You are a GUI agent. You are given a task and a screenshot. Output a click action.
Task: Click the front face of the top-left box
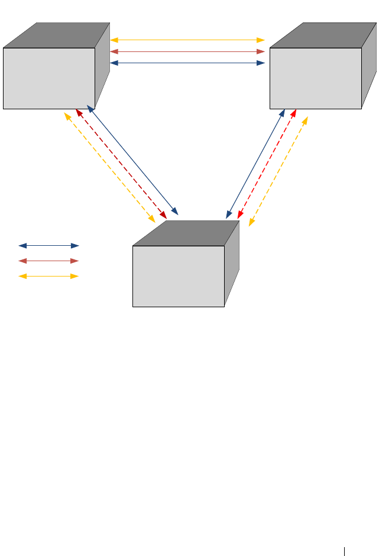tap(49, 78)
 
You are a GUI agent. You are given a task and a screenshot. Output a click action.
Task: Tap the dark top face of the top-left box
tap(57, 35)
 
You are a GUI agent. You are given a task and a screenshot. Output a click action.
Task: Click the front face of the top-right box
tap(315, 78)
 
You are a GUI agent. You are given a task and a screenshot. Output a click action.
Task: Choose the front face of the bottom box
tap(179, 276)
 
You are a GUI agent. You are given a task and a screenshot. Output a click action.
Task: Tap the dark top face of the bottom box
tap(186, 233)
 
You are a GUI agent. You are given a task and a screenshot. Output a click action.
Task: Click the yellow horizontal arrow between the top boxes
tap(187, 40)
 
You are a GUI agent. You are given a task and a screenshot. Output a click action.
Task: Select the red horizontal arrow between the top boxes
tap(187, 51)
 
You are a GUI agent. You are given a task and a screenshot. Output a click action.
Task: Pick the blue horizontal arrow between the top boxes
tap(187, 63)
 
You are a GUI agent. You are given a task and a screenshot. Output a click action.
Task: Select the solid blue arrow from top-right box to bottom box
tap(255, 163)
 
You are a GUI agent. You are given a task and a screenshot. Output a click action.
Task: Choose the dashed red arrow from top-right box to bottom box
tap(267, 163)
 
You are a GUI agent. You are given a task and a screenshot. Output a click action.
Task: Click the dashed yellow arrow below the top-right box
tap(278, 171)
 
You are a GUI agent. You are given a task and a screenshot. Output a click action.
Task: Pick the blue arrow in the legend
tap(48, 245)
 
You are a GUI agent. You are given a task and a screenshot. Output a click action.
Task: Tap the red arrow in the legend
tap(48, 261)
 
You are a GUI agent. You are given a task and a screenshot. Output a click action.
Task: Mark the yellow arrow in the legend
tap(48, 276)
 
